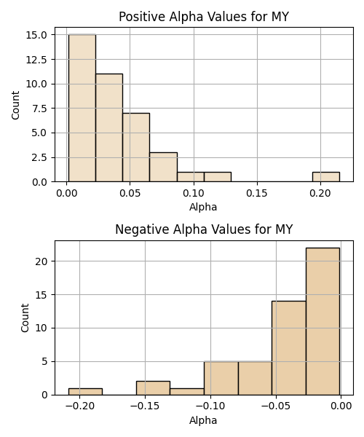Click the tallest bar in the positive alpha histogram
click(82, 108)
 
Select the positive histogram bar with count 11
click(109, 127)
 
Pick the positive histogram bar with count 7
click(136, 147)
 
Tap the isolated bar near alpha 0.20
click(326, 177)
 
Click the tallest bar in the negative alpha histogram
click(323, 321)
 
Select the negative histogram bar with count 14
click(289, 348)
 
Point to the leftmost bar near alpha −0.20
click(85, 392)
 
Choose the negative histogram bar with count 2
click(153, 388)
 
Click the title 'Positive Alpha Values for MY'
click(204, 17)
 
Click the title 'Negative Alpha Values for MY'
click(204, 229)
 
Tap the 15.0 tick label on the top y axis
click(36, 35)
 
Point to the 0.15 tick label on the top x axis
click(257, 193)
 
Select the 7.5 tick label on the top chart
click(39, 109)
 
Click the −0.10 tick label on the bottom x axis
click(210, 406)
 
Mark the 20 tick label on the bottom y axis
click(41, 261)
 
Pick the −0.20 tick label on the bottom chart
click(79, 406)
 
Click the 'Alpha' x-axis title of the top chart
click(203, 207)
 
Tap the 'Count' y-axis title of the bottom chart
click(25, 318)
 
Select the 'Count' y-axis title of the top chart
click(15, 105)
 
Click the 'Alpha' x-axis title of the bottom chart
click(203, 420)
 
